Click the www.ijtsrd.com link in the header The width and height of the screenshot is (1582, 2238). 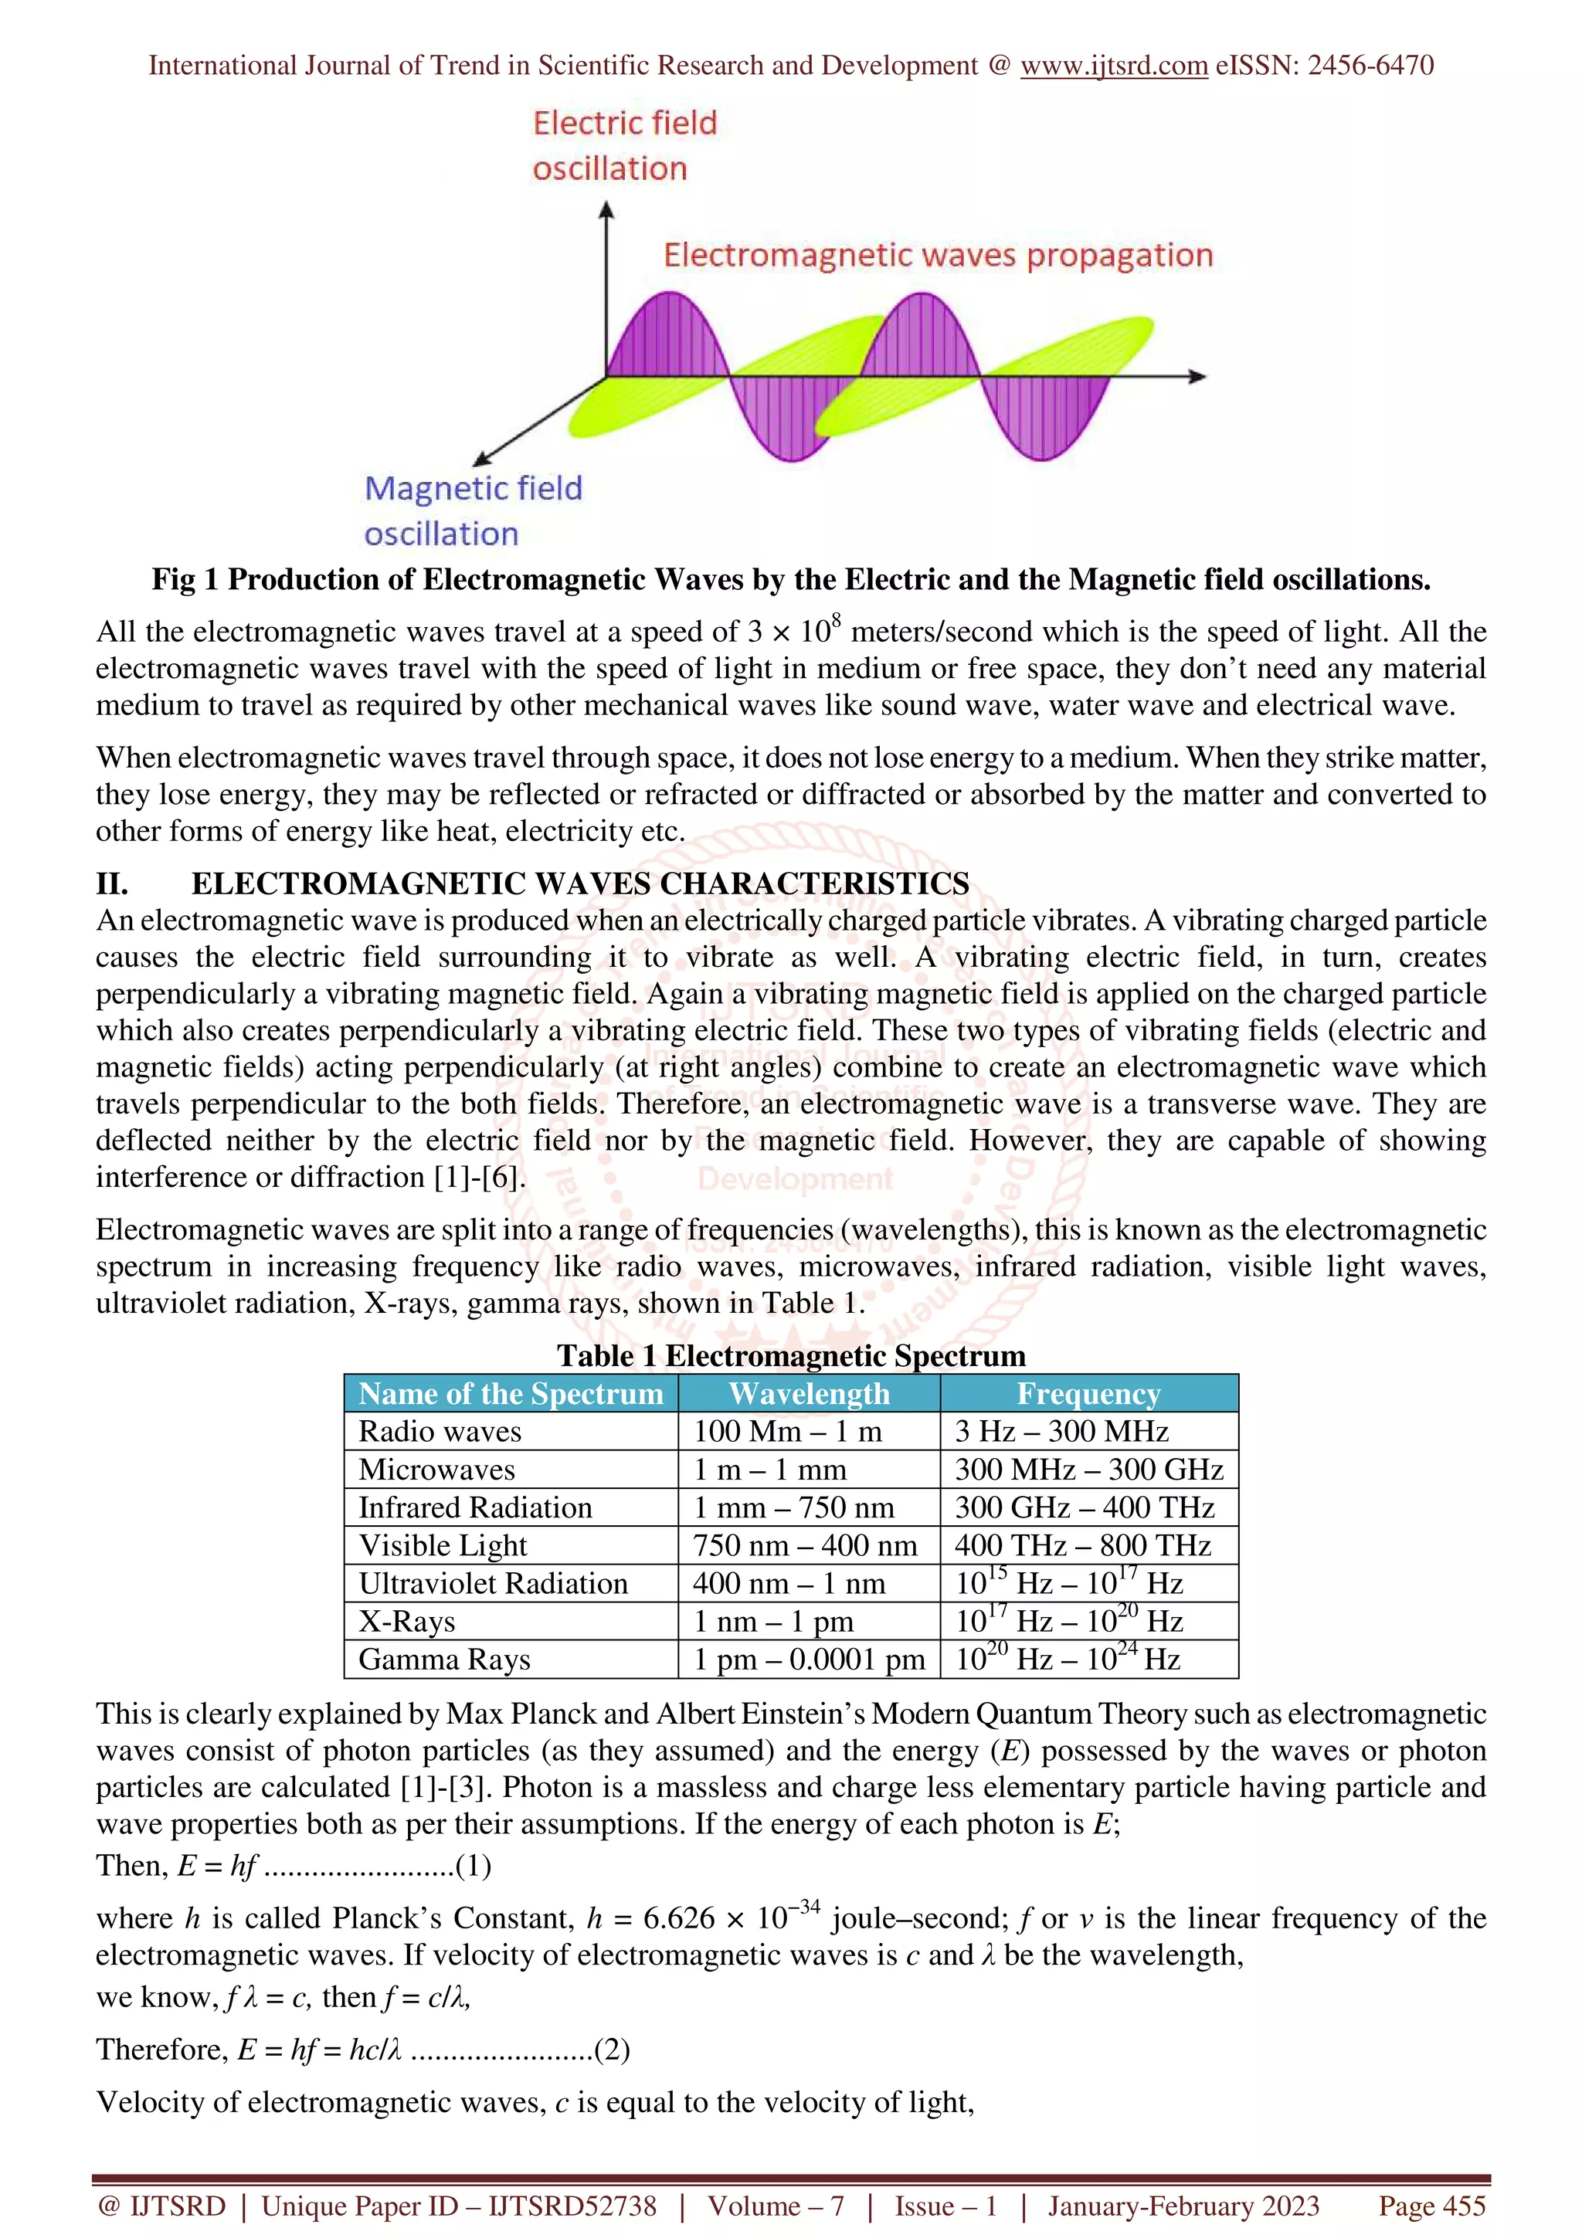point(1113,66)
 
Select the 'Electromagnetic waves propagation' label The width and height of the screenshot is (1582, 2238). point(938,256)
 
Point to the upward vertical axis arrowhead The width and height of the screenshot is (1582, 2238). point(606,209)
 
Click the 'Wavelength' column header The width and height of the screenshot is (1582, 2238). point(809,1394)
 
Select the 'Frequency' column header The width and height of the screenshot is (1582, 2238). point(1088,1394)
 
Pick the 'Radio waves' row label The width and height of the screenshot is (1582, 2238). point(440,1432)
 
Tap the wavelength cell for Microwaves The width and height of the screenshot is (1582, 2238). point(769,1470)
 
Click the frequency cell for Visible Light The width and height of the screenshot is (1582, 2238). point(1082,1546)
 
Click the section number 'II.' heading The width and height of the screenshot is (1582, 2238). point(112,884)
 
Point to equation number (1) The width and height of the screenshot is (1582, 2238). point(474,1866)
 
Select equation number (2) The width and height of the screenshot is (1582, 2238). point(612,2050)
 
